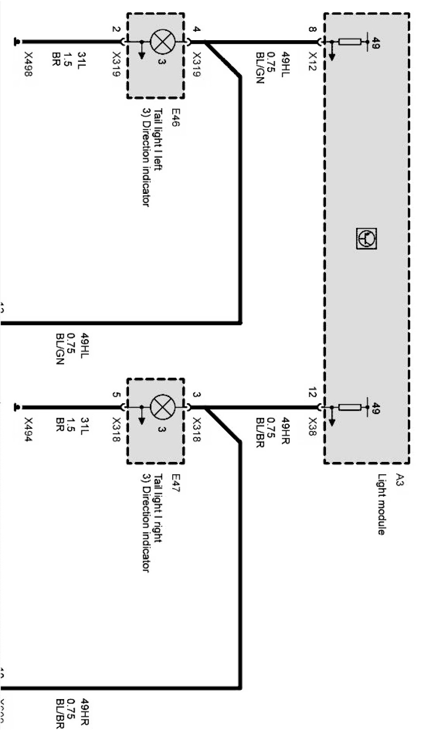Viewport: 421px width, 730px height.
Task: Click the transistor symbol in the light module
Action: click(x=366, y=238)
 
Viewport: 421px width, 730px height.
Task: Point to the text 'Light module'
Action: click(x=381, y=504)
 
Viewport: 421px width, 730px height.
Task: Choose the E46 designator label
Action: click(x=175, y=117)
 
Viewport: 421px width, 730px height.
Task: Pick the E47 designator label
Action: click(x=175, y=483)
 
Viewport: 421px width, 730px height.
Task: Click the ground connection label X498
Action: click(x=28, y=64)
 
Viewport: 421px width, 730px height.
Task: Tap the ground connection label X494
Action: click(x=28, y=430)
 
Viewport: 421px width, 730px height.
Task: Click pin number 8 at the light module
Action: click(x=312, y=30)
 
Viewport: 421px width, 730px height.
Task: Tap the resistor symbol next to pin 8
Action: click(x=349, y=42)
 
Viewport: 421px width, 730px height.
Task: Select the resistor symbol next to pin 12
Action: click(x=349, y=407)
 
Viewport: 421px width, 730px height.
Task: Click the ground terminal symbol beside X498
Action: click(x=17, y=42)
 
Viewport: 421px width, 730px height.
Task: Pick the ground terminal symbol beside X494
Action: click(x=17, y=407)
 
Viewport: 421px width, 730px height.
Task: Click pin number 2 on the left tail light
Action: click(x=116, y=30)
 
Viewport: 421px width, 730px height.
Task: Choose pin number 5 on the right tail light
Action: click(x=116, y=394)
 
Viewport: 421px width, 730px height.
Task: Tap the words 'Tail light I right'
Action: click(x=158, y=508)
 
